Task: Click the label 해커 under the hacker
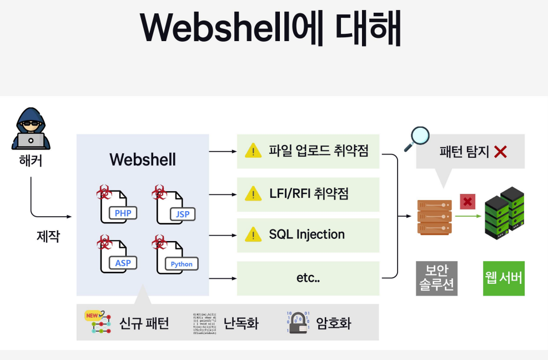(31, 162)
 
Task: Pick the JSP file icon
(173, 204)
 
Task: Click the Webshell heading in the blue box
(143, 159)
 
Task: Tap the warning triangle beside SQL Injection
(253, 235)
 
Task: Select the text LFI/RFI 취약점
(309, 194)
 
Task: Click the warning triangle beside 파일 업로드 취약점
(253, 151)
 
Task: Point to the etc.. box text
(308, 278)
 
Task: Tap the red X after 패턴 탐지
(500, 152)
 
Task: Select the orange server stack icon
(434, 217)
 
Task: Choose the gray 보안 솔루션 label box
(436, 278)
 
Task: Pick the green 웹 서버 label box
(504, 278)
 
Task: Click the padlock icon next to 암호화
(298, 322)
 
